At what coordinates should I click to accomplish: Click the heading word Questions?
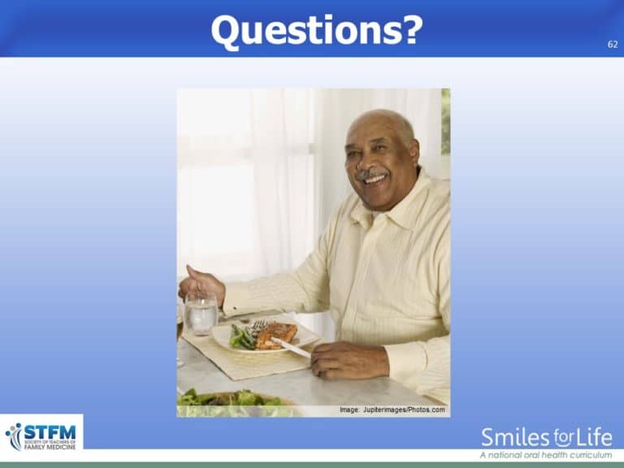pos(316,30)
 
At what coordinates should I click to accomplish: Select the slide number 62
pos(612,45)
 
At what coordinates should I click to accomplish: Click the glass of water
pos(201,314)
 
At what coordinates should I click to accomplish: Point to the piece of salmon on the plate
pos(277,334)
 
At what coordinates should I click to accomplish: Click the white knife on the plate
pos(290,347)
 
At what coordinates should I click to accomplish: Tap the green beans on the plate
pos(241,336)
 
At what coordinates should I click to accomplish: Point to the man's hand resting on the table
pos(344,359)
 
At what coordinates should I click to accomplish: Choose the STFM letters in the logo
pos(50,428)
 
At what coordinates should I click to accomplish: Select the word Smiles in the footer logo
pos(514,438)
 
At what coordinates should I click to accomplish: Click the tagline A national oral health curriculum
pos(545,455)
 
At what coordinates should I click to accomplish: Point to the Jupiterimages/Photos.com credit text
pos(392,410)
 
